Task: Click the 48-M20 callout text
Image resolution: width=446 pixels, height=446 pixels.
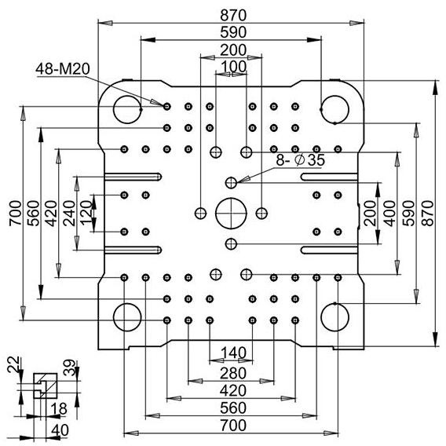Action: pos(63,69)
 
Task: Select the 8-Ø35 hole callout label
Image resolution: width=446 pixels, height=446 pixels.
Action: pos(300,160)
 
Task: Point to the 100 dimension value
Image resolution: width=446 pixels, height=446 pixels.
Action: pos(233,67)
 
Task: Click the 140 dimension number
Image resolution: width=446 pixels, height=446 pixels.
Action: pos(233,353)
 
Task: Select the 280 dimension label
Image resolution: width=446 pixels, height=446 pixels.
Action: pos(233,373)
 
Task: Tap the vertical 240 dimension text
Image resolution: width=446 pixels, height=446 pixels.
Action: pos(69,214)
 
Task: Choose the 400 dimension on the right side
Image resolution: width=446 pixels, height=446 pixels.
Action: pos(389,214)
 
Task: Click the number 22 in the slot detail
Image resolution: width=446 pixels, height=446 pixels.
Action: pos(14,364)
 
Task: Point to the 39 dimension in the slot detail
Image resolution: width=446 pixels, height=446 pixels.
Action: pos(69,367)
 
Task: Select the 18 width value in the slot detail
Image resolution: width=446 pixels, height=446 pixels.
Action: pos(59,409)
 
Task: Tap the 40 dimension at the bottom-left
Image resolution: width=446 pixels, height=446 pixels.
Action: pos(60,430)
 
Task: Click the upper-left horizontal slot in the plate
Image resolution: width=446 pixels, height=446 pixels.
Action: pos(133,177)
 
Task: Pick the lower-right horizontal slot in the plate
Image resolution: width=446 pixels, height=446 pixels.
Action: pos(329,250)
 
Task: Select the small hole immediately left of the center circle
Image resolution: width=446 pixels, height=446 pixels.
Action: pos(200,214)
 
